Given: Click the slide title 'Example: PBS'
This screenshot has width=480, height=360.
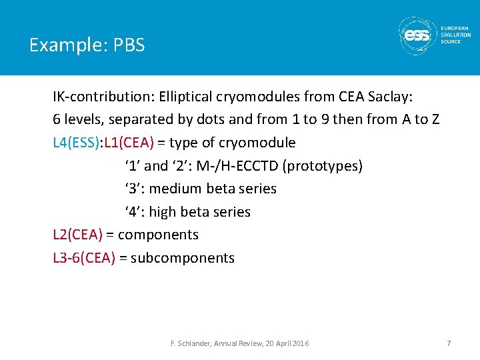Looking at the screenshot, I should tap(87, 45).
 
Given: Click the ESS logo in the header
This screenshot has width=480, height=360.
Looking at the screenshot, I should tap(417, 36).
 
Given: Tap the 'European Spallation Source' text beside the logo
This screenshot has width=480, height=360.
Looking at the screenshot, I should tap(455, 35).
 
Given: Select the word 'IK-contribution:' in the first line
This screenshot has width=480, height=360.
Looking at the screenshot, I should tap(103, 97).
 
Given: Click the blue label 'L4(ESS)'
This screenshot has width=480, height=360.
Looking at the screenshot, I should tap(77, 143).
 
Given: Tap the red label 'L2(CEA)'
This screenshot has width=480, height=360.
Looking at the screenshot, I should tap(77, 235).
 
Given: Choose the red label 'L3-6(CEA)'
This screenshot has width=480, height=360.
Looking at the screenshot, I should tap(84, 258).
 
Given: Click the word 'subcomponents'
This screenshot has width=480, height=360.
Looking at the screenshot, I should tap(183, 258).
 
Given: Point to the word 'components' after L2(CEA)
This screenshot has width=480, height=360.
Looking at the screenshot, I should tap(158, 235).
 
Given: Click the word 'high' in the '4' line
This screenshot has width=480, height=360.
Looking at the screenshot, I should tap(162, 212).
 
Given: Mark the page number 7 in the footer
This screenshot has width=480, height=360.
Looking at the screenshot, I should tap(449, 343).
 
